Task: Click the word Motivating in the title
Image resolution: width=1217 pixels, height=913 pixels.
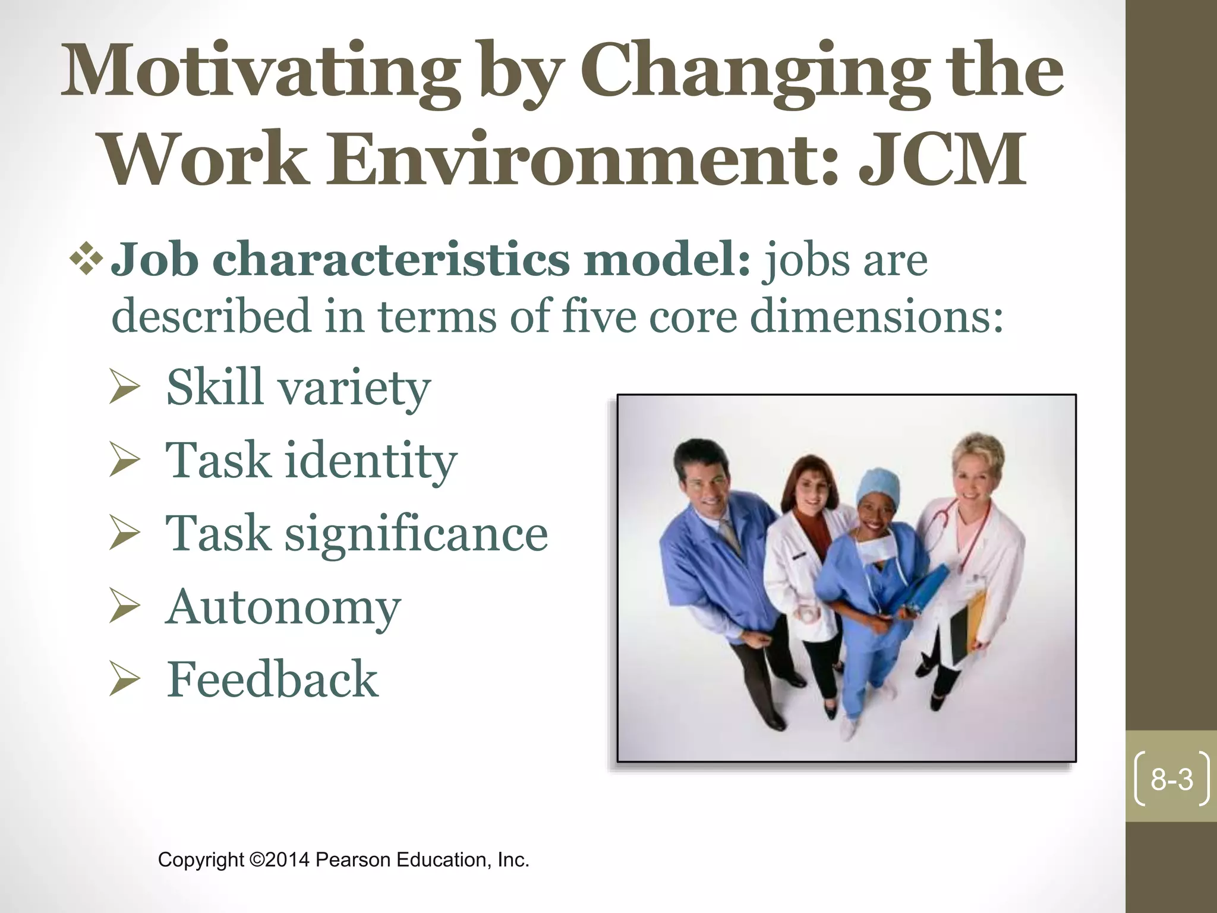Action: tap(261, 74)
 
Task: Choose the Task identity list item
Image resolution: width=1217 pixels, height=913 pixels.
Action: tap(311, 460)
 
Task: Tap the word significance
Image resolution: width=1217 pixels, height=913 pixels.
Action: tap(416, 534)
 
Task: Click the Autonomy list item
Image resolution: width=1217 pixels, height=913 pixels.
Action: tap(283, 607)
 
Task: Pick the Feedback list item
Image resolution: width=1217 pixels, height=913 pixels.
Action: tap(272, 679)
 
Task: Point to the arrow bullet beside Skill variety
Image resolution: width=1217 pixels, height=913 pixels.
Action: tap(125, 389)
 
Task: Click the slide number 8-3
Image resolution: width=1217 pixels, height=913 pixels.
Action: tap(1171, 779)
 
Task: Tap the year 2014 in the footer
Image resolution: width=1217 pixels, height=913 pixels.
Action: tap(288, 860)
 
